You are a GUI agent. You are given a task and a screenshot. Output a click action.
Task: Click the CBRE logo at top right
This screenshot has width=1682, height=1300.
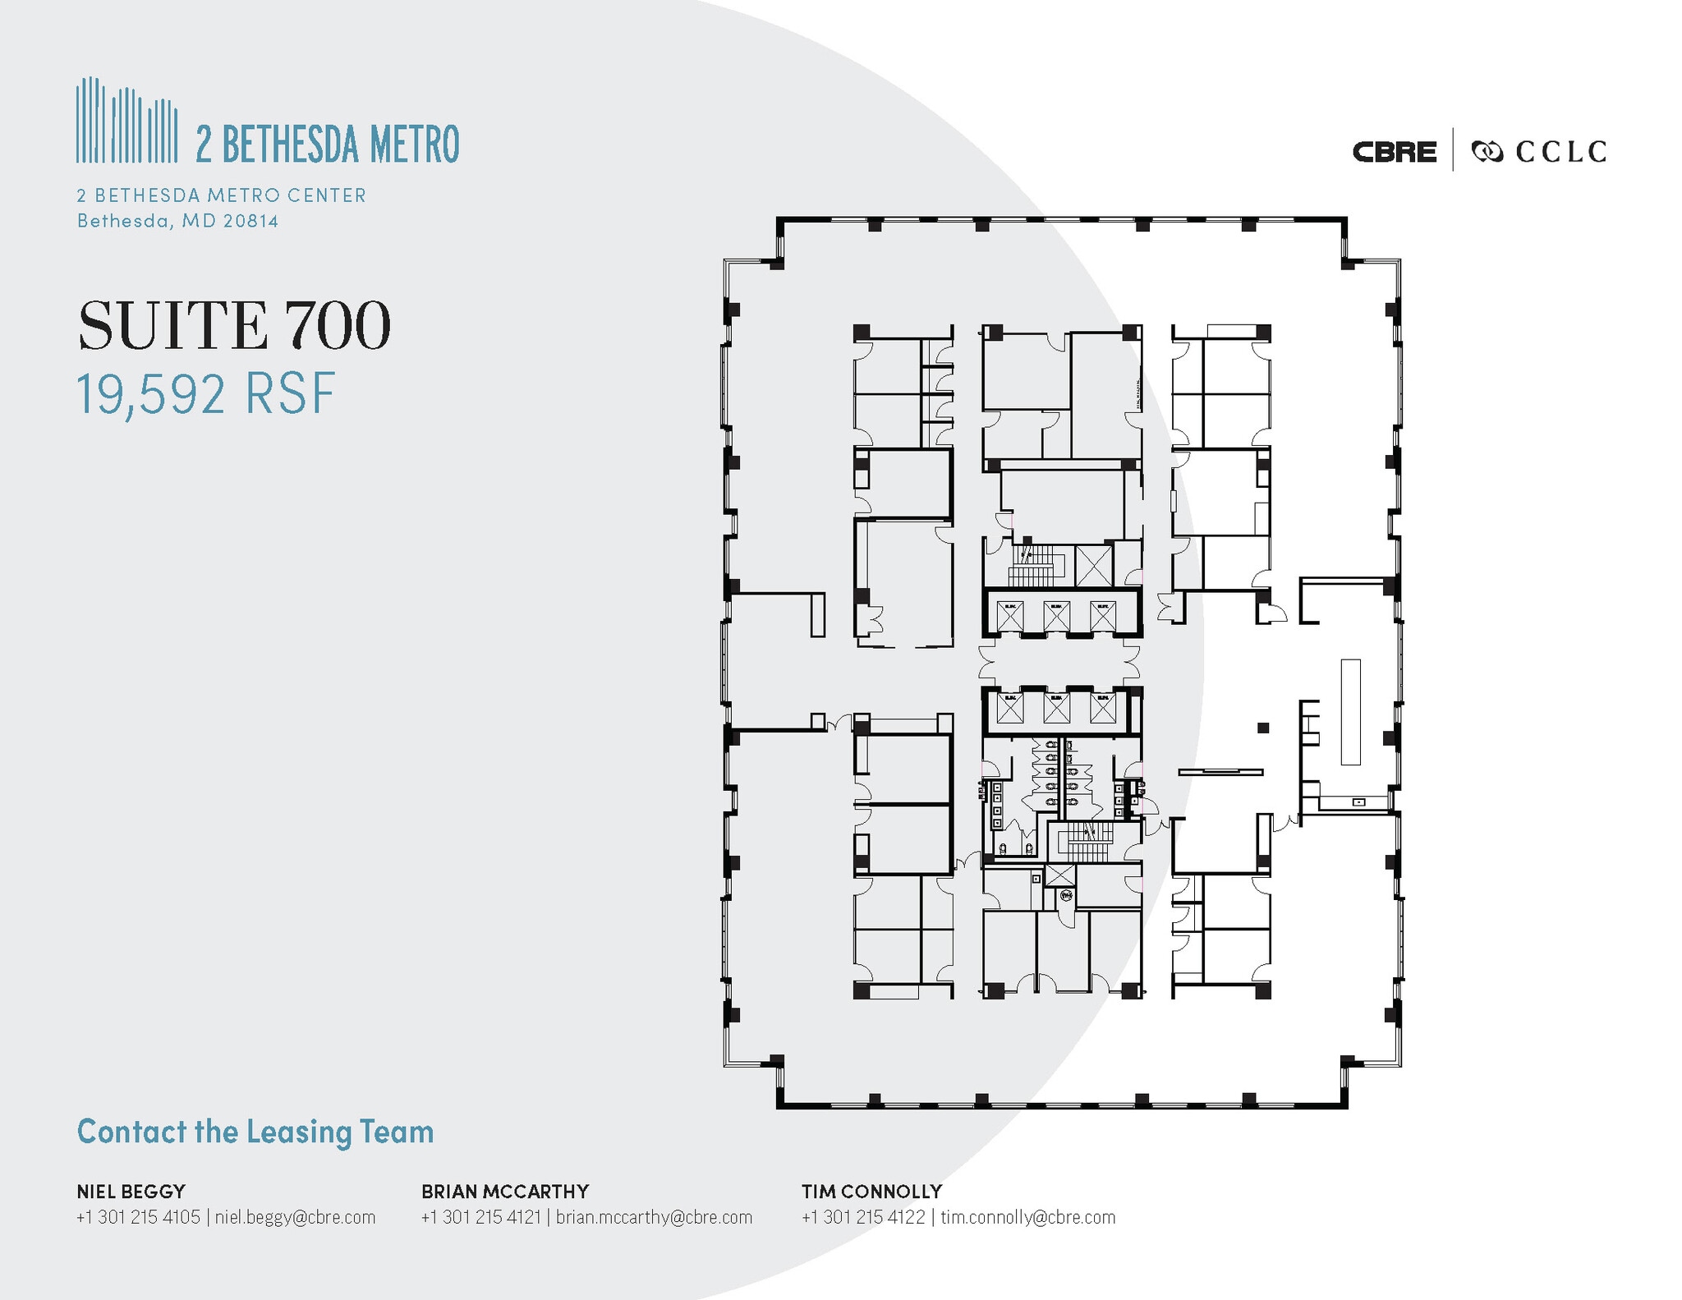click(1394, 152)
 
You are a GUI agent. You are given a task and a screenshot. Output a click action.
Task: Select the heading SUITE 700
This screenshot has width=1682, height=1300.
click(234, 326)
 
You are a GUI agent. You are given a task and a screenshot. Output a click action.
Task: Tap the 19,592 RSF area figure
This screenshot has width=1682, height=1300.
click(206, 393)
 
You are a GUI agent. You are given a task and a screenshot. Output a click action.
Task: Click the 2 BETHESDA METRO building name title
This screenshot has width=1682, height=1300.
click(327, 145)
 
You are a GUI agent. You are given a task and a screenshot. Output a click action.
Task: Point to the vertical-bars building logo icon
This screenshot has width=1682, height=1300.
click(126, 121)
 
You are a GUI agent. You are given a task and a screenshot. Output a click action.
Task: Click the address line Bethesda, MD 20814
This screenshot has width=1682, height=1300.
click(177, 221)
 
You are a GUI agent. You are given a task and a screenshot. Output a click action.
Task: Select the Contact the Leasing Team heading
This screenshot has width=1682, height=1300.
click(255, 1132)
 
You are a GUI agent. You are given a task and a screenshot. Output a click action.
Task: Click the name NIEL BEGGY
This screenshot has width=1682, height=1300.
click(131, 1191)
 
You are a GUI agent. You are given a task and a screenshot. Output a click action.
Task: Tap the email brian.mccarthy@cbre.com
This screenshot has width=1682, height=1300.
click(654, 1217)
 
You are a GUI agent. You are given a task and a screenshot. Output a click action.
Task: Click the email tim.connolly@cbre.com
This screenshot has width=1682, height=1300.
click(1027, 1217)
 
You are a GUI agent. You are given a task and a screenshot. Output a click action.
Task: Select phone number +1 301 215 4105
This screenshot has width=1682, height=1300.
click(138, 1217)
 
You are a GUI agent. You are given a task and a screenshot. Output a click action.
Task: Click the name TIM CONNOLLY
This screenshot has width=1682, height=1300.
click(871, 1191)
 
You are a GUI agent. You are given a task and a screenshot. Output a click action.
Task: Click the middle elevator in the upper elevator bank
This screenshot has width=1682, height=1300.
click(1056, 616)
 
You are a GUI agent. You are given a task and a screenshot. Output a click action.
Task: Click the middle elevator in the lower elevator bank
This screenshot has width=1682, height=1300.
click(1056, 708)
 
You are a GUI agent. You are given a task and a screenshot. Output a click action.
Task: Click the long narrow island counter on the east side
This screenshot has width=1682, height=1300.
click(1350, 711)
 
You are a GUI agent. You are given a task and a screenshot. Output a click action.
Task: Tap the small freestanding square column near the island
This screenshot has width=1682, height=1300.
click(1263, 728)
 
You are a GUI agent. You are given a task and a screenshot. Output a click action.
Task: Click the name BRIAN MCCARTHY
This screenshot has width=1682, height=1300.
click(505, 1191)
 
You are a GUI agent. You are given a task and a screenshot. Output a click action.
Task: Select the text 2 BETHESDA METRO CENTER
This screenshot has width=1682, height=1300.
click(221, 195)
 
